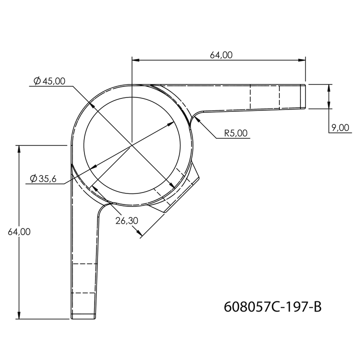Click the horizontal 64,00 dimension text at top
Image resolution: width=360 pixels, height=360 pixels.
click(x=221, y=55)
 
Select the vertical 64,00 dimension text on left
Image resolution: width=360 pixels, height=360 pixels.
click(x=19, y=232)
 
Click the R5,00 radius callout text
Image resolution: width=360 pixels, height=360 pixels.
click(x=236, y=133)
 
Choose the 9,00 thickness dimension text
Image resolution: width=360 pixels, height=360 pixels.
click(x=340, y=128)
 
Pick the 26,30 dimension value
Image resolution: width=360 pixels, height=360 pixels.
click(x=126, y=221)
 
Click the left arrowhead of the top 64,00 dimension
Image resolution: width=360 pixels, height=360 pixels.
click(x=135, y=60)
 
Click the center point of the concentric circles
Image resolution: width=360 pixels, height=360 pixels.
click(x=132, y=144)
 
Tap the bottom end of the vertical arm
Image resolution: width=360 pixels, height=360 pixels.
click(x=84, y=318)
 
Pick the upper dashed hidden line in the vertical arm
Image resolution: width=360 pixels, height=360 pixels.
click(x=84, y=264)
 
